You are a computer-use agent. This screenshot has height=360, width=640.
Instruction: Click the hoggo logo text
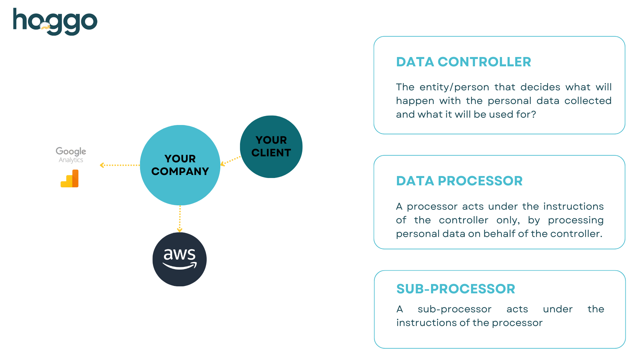pos(55,21)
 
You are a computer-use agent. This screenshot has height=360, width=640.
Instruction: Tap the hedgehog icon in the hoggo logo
pos(45,26)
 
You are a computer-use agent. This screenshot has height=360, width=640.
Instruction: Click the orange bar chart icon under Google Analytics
pos(70,179)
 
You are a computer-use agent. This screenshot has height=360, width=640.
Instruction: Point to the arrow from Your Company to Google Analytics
pos(120,165)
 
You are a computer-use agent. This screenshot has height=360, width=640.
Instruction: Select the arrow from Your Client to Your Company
pos(230,161)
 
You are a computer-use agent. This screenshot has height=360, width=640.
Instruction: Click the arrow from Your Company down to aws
pos(180,219)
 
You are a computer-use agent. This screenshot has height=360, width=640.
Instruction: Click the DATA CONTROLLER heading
pos(463,62)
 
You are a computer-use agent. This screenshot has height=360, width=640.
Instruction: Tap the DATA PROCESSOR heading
pos(459,181)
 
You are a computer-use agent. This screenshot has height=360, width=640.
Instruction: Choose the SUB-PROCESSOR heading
pos(455,289)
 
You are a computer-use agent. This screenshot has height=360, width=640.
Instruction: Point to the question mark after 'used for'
pos(533,114)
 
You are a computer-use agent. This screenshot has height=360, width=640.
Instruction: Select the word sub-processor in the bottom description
pos(454,309)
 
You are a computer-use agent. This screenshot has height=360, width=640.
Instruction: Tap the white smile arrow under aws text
pos(179,266)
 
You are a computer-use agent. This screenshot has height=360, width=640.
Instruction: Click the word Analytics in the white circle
pos(71,160)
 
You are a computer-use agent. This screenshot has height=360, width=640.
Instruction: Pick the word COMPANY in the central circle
pos(180,171)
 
